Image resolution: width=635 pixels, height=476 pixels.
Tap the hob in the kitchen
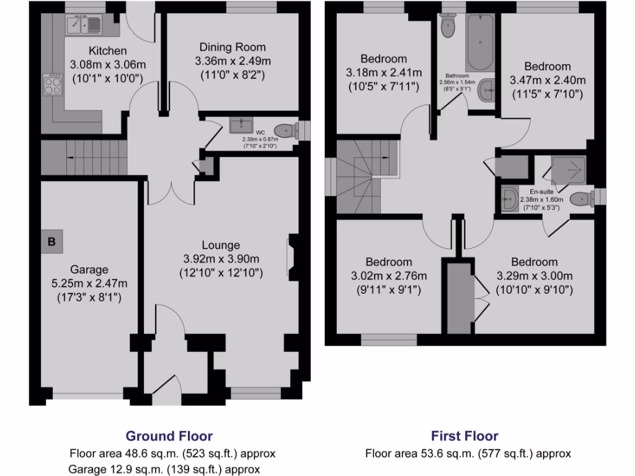coord(52,84)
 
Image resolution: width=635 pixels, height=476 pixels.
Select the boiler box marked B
coord(51,242)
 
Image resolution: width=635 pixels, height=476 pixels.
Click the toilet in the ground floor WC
coord(285,131)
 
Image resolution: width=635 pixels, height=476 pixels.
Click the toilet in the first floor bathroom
coord(447,25)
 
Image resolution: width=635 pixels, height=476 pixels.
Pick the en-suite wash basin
coord(510,200)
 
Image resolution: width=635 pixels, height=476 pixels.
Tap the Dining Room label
coord(233,47)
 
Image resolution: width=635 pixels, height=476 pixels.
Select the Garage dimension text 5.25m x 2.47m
coord(89,283)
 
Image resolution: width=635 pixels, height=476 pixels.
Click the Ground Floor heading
coord(169,436)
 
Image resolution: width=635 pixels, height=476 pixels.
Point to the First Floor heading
coord(464,436)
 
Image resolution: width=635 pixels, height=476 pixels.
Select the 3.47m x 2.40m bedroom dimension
coord(548,80)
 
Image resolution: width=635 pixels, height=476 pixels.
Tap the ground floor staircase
coord(84,158)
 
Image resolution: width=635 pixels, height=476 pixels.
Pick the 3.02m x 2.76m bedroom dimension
coord(389,275)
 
